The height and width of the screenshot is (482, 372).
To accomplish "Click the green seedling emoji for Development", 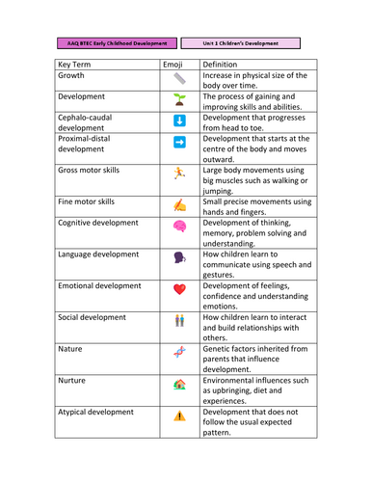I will click(179, 98).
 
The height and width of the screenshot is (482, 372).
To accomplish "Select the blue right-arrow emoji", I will click(179, 143).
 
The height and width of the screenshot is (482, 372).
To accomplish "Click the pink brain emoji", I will click(179, 226).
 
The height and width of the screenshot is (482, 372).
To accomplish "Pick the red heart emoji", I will click(179, 288).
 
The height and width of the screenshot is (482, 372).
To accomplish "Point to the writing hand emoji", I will click(179, 203).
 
